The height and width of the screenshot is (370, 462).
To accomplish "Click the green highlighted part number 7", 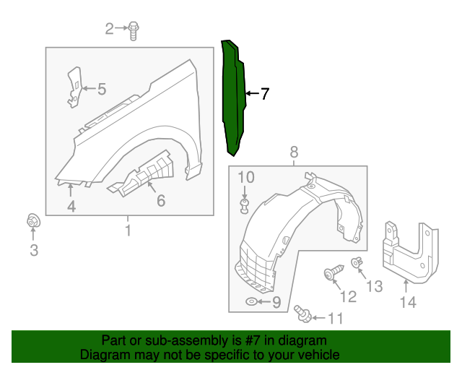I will (234, 98).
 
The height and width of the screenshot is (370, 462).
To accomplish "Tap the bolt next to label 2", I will (134, 29).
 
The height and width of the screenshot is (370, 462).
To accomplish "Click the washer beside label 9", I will (251, 301).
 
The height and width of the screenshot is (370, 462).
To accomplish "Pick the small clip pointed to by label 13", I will (356, 263).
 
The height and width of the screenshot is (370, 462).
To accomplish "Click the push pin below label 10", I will (244, 208).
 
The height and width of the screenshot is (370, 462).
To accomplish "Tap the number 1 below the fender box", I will (128, 231).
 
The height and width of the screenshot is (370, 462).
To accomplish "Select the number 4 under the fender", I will (71, 207).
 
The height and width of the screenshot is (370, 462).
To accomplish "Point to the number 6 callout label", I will (160, 201).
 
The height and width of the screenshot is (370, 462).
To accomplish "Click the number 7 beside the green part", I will (264, 94).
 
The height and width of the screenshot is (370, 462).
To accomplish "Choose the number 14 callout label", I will (409, 303).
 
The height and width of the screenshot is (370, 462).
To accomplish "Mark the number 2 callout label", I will (110, 29).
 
